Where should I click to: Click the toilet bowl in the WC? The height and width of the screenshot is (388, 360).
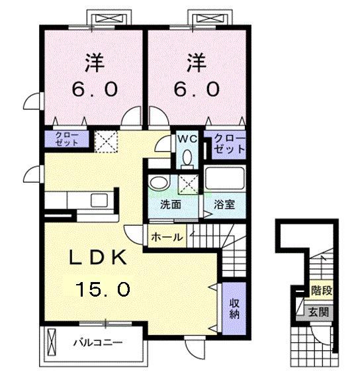(x=187, y=158)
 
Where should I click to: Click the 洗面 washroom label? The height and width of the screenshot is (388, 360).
(x=170, y=205)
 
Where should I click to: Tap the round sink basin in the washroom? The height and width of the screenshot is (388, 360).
(x=157, y=182)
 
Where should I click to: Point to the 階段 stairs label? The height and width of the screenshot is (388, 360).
(x=321, y=289)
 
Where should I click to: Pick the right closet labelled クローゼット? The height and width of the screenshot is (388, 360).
(x=227, y=144)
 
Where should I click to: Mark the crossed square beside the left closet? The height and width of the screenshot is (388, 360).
(x=104, y=140)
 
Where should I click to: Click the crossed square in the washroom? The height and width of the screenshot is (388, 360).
(x=189, y=183)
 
